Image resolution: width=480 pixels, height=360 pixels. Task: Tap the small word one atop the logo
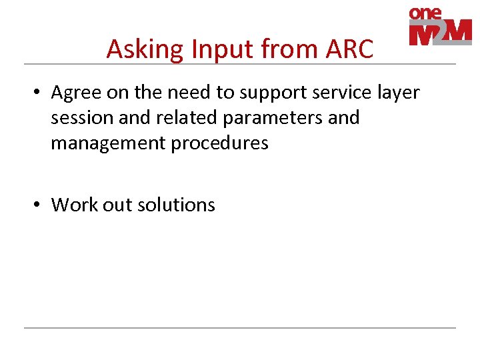point(426,13)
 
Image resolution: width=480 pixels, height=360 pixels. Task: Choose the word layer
point(399,93)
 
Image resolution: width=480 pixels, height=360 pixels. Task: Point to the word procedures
point(218,143)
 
